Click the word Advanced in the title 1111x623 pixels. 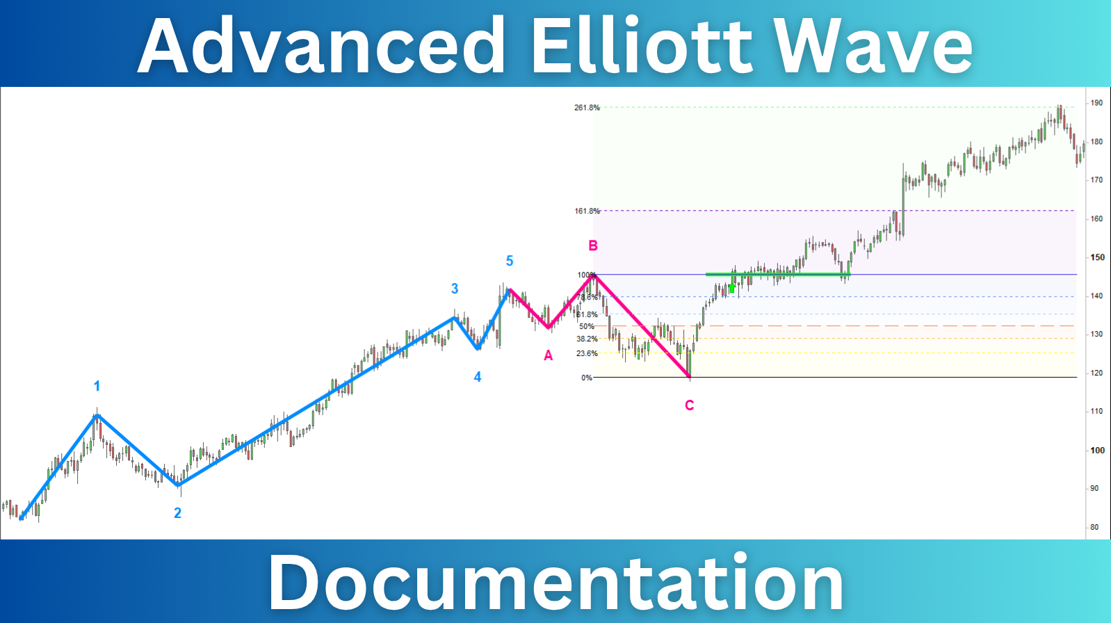pos(321,46)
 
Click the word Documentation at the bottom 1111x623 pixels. pos(555,583)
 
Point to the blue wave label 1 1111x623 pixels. pos(97,386)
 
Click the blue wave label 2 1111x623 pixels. pos(177,513)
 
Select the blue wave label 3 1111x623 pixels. pos(455,289)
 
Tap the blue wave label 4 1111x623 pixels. pos(478,377)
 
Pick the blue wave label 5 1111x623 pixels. pos(510,261)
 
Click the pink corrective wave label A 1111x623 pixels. pos(549,356)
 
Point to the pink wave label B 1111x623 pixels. pos(593,245)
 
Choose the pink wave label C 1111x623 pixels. pos(689,405)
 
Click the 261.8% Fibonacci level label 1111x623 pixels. pos(587,108)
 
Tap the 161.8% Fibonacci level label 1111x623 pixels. pos(587,211)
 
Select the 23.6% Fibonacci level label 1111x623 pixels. pos(587,353)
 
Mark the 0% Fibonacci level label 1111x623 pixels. pos(587,378)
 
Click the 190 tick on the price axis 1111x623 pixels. pos(1096,103)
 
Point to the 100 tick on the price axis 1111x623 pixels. pos(1097,451)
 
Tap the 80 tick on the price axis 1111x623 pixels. pos(1094,527)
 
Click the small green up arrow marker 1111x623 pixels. pos(731,288)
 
